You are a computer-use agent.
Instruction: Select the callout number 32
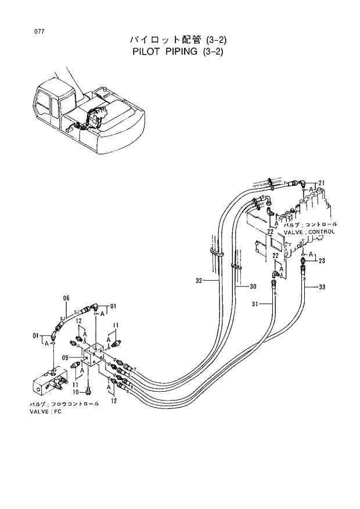pyautogui.click(x=199, y=281)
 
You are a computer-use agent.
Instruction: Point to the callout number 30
pyautogui.click(x=253, y=286)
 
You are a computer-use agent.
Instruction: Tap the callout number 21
pyautogui.click(x=322, y=184)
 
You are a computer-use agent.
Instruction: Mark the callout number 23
pyautogui.click(x=322, y=261)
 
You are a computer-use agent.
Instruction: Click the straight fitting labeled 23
pyautogui.click(x=303, y=267)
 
